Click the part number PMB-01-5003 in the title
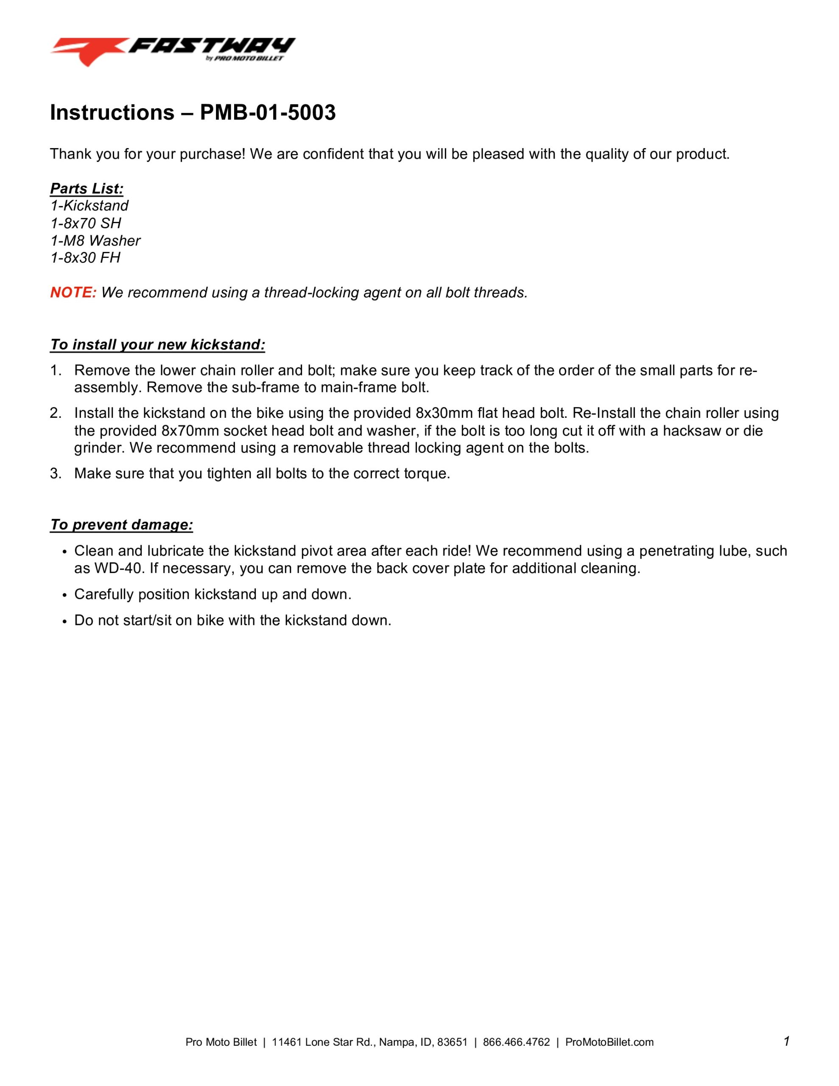268,113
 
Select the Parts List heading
87,189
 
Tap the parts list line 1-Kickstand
89,206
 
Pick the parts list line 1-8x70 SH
86,223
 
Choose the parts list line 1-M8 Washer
95,241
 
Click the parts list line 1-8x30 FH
85,258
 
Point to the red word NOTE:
73,292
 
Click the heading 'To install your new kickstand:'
157,344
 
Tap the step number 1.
55,370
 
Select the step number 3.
55,473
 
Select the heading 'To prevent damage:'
121,525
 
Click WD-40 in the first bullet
118,568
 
